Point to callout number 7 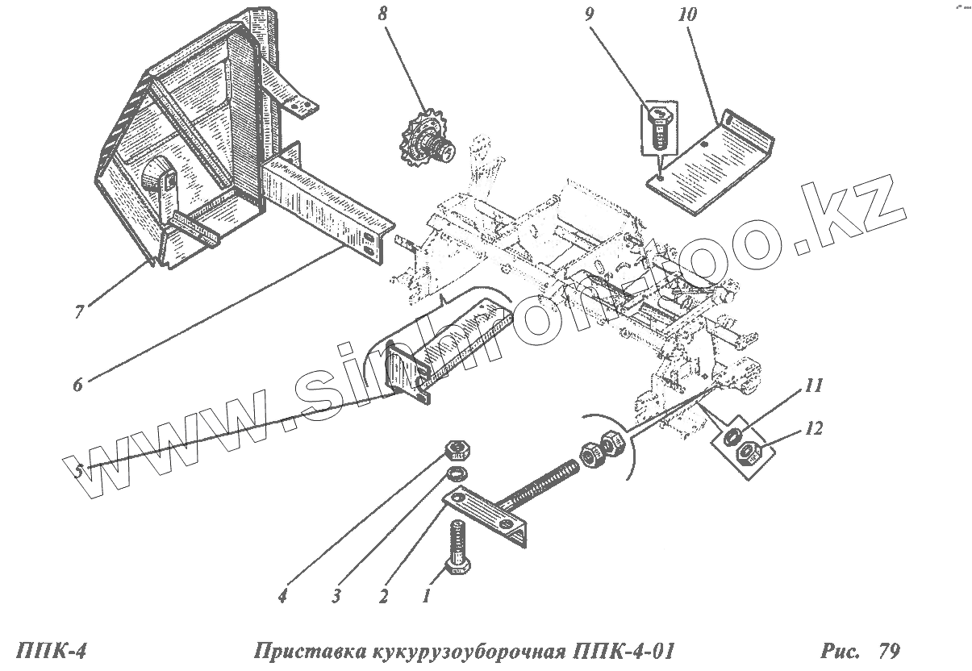pos(79,312)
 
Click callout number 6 pos(77,385)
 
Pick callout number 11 pos(813,386)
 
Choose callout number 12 pos(814,428)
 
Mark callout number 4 pos(282,597)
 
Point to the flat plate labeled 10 pos(710,161)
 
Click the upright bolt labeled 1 pos(457,547)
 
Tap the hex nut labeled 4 pos(457,448)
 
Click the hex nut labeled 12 pos(747,455)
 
